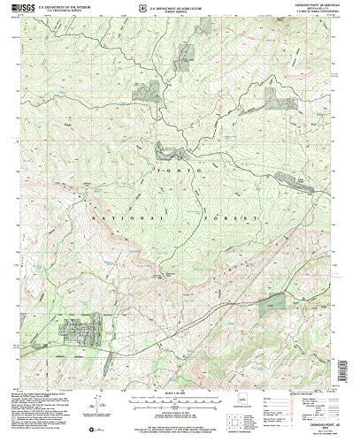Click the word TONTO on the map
tap(188, 166)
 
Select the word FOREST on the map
tap(236, 215)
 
